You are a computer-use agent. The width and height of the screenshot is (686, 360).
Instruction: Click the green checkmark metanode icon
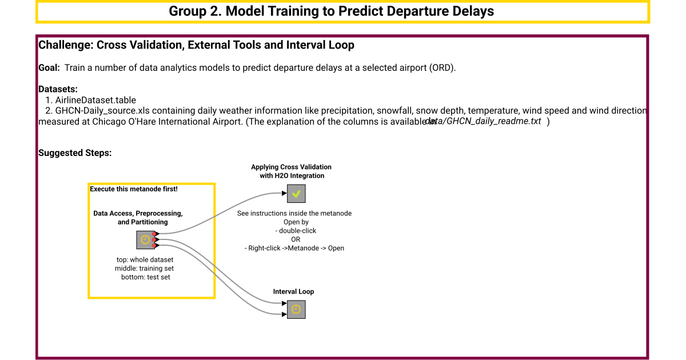pos(296,194)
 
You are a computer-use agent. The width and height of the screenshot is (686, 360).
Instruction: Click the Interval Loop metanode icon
pos(296,309)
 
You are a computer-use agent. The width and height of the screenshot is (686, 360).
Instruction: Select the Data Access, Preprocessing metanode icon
pos(145,240)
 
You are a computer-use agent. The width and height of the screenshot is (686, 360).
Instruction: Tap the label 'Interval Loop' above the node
pos(293,291)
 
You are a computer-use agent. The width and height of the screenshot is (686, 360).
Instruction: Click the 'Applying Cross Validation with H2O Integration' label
pos(291,171)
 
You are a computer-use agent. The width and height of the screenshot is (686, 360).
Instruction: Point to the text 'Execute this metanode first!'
pos(134,189)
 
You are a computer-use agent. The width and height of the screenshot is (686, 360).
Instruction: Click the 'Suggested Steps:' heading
pos(75,153)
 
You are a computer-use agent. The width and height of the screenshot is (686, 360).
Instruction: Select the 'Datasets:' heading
pos(58,89)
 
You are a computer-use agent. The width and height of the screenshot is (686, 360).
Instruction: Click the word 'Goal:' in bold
pos(49,67)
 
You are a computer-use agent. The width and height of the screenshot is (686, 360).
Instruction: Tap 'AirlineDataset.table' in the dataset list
pos(95,100)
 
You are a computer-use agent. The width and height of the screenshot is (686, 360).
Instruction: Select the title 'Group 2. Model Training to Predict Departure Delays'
pos(331,11)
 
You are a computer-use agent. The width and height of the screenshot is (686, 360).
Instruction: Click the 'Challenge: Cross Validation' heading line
pos(196,45)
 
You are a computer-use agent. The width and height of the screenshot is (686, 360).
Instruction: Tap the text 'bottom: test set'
pos(145,277)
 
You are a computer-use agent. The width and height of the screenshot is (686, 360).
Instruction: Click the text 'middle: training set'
pos(145,268)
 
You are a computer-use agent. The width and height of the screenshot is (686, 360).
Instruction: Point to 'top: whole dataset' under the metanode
pos(145,259)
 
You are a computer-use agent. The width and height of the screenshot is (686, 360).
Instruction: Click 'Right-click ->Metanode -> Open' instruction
pos(295,248)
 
